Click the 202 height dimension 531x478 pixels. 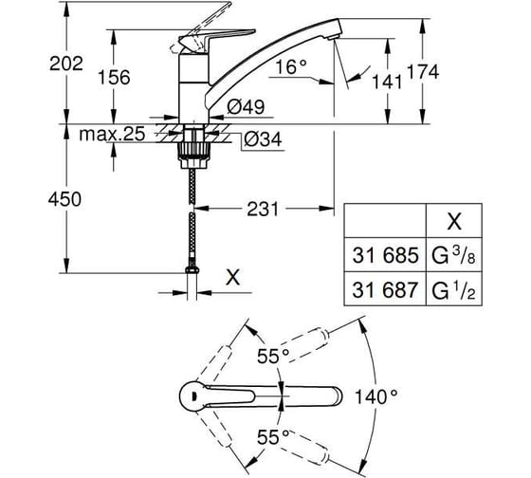tap(66, 64)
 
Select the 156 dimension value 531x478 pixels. tap(114, 77)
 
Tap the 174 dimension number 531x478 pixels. tap(423, 71)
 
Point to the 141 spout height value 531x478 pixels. tap(387, 82)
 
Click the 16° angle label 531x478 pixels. tap(291, 66)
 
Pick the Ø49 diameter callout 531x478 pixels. tap(246, 107)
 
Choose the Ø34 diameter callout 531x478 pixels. tap(263, 139)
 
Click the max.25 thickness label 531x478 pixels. tap(112, 134)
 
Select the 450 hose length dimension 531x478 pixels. tap(64, 199)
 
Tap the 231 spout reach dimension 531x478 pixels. tap(263, 209)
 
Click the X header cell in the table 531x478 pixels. tap(454, 222)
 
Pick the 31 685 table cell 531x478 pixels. tap(385, 255)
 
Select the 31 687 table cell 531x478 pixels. tap(385, 290)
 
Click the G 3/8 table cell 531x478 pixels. tap(454, 255)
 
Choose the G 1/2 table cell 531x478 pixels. tap(454, 290)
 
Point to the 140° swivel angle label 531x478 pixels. tap(375, 396)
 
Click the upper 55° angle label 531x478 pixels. tap(273, 356)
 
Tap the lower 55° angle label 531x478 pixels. tap(273, 437)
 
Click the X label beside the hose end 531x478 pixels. tap(233, 277)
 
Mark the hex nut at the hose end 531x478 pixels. tap(192, 269)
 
